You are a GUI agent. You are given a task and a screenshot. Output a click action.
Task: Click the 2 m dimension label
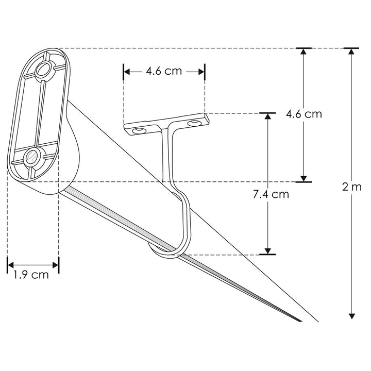tap(352, 187)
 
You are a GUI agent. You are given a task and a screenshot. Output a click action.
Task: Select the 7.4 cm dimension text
tap(271, 194)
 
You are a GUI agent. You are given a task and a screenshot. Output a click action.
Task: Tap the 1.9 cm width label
tap(31, 275)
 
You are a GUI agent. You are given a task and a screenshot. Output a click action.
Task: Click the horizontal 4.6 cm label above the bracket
tap(164, 71)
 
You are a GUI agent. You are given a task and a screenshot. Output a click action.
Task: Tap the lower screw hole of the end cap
tap(32, 157)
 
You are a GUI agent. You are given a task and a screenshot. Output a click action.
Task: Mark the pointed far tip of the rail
tap(300, 322)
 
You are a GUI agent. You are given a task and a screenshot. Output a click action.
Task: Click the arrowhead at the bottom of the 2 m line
tap(352, 315)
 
